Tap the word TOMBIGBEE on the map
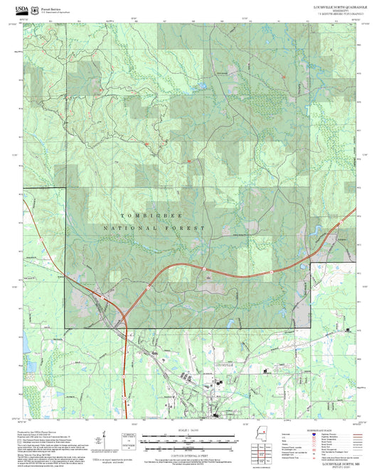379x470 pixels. (150, 215)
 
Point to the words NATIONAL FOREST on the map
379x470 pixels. (154, 228)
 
